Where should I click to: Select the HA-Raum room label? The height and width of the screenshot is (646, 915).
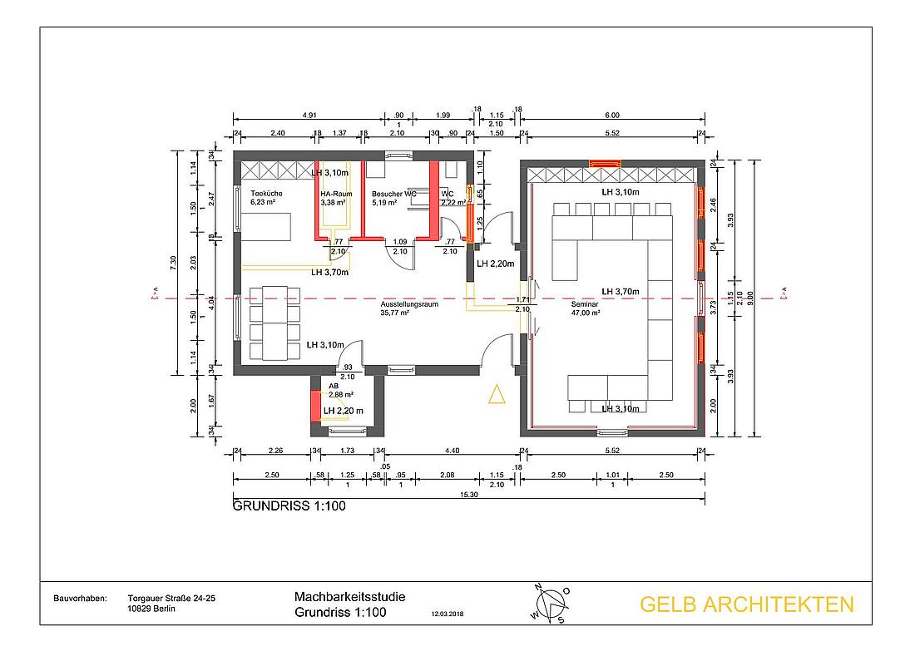click(x=334, y=193)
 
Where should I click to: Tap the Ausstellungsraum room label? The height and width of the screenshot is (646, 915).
click(x=408, y=304)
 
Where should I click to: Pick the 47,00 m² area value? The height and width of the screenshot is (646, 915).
click(x=586, y=314)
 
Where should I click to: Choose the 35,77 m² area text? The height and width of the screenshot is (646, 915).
click(x=397, y=313)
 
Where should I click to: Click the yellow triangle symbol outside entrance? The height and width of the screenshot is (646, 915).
click(x=497, y=395)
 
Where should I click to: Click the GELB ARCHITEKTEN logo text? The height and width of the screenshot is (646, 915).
click(x=745, y=604)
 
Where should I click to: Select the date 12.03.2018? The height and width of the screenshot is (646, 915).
click(x=448, y=616)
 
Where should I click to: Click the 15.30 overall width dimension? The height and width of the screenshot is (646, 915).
click(x=468, y=496)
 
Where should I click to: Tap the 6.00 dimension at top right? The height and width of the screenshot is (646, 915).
click(x=612, y=116)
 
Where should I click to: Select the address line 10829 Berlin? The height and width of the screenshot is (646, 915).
click(x=152, y=608)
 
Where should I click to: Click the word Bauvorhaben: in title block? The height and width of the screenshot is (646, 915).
click(x=80, y=598)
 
